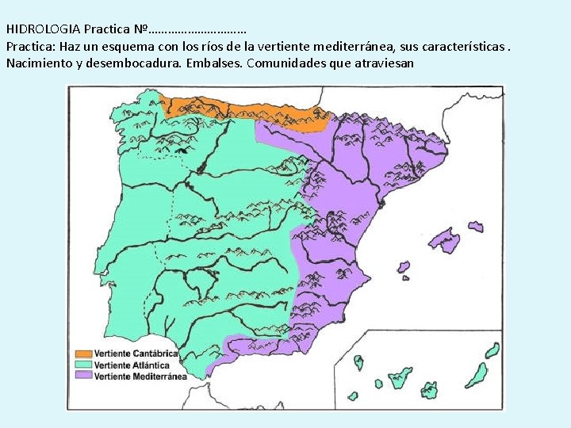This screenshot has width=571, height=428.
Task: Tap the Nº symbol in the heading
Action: pos(142,29)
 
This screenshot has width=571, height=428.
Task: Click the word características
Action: pos(462,47)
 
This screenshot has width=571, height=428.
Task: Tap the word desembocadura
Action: pos(136,63)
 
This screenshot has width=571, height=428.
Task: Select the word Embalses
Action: pos(215,63)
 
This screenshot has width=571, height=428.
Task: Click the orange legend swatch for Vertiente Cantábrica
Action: pos(83,353)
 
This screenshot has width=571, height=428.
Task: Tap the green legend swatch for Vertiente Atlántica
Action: pos(83,365)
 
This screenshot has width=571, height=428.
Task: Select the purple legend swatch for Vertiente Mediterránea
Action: pos(83,376)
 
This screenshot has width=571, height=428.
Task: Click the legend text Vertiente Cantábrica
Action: pos(136,353)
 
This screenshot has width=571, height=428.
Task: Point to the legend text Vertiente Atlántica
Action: pos(132,365)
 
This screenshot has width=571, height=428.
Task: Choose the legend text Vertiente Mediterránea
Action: pos(140,376)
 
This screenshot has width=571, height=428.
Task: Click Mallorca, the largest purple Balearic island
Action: pos(443,239)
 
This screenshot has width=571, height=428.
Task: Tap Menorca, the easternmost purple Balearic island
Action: pos(475,226)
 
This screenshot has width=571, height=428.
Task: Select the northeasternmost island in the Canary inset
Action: pos(492,350)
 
